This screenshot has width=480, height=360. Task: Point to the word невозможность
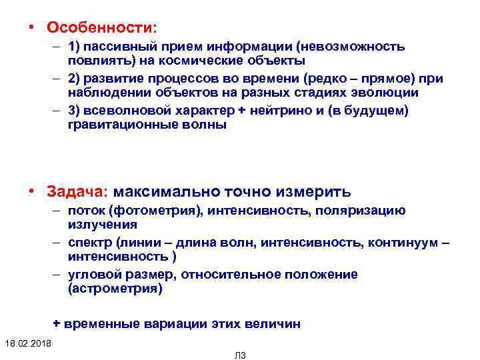[351, 47]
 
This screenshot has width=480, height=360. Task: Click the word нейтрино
[286, 111]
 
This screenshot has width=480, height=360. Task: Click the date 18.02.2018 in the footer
[31, 343]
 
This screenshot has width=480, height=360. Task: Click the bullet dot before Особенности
[31, 28]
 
